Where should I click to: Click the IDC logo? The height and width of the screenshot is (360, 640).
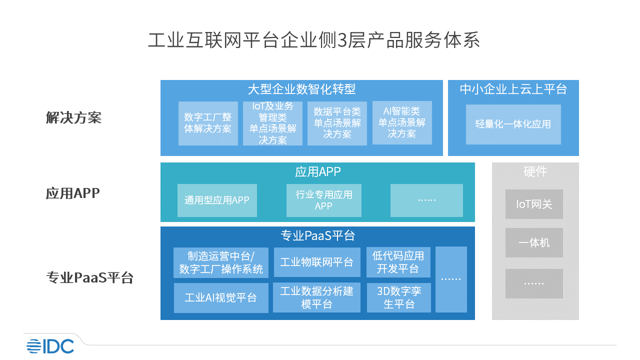(50, 345)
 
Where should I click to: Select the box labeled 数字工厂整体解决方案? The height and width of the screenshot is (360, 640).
(208, 123)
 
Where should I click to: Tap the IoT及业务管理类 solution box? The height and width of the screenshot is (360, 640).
(272, 123)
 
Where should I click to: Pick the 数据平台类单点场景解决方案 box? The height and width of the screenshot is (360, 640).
(337, 123)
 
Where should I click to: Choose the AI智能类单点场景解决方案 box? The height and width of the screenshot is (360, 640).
(402, 123)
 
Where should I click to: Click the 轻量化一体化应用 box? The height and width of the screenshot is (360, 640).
(513, 124)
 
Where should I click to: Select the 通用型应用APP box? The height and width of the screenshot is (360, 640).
(217, 200)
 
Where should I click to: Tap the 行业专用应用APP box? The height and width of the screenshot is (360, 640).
(324, 200)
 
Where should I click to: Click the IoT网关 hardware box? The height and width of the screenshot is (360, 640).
(534, 204)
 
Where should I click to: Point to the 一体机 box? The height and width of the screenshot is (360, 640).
(534, 243)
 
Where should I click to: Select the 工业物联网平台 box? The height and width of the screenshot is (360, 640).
(317, 262)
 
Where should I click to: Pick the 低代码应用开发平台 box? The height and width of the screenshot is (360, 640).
(398, 262)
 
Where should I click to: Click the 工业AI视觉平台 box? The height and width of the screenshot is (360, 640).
(220, 298)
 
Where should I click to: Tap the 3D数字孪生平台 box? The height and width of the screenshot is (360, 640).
(398, 298)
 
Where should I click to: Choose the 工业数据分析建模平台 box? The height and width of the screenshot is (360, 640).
(317, 298)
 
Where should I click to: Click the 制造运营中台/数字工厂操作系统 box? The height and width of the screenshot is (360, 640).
(221, 262)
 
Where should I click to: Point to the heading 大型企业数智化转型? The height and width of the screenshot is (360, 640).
(301, 89)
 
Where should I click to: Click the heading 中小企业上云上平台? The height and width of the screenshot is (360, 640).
(513, 89)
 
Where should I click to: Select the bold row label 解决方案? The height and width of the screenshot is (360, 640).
(73, 118)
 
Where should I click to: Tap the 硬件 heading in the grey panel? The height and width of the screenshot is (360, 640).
(535, 172)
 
